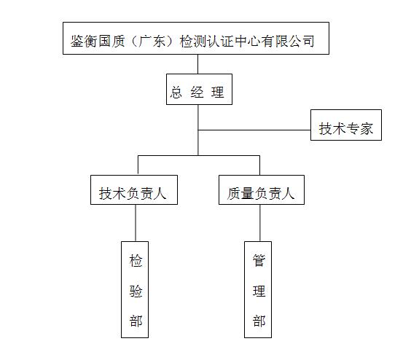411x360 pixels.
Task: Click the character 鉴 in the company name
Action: click(77, 41)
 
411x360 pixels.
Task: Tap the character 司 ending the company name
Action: click(308, 41)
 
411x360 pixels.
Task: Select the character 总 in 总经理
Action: click(176, 93)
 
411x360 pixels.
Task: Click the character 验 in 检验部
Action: click(136, 291)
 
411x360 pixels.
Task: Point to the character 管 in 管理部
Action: click(259, 260)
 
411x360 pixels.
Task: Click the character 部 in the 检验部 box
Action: click(136, 321)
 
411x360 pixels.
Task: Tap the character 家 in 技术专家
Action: click(367, 129)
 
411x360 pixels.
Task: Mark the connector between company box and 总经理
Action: click(198, 64)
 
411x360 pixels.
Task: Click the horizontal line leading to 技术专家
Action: click(254, 130)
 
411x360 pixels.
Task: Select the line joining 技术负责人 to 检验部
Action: click(136, 223)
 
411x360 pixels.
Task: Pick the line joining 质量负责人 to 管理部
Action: click(260, 223)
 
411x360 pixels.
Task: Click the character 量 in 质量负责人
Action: click(248, 194)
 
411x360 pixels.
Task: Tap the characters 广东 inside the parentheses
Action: click(152, 41)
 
